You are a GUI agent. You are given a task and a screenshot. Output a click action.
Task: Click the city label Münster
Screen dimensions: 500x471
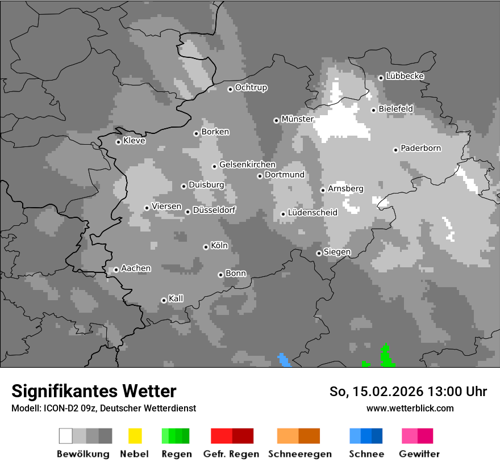pos(297,119)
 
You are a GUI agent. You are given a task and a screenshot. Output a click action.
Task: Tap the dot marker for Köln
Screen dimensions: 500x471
pos(206,247)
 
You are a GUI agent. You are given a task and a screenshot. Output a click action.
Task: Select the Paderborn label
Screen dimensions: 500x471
pos(420,148)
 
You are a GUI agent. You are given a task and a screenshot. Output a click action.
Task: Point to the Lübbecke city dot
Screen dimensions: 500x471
pos(381,78)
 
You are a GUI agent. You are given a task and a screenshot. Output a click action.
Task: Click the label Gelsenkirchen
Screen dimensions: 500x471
pos(247,165)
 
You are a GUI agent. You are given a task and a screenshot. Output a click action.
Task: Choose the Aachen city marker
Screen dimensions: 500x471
pos(116,270)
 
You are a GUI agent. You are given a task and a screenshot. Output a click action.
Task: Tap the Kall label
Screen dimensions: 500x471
pos(176,298)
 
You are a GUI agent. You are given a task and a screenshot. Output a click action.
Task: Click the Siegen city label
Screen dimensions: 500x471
pos(337,252)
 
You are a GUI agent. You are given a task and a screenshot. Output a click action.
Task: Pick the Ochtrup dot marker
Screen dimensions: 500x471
pos(230,89)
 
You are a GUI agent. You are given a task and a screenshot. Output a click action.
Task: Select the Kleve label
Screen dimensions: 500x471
pos(134,141)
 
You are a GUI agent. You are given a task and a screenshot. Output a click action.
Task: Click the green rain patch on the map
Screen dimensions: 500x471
pos(387,358)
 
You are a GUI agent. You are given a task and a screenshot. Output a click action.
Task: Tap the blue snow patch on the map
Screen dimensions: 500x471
pos(284,361)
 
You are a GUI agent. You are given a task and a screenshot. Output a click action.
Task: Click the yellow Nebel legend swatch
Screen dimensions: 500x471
pos(135,436)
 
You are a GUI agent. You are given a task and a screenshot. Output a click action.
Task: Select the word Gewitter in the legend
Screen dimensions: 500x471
pos(419,454)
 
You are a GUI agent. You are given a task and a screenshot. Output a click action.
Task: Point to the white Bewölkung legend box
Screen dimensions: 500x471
pos(66,436)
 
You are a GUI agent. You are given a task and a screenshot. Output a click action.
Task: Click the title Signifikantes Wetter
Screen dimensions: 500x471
pos(94,392)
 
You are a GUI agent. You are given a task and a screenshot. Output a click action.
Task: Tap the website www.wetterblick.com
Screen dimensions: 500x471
pos(410,408)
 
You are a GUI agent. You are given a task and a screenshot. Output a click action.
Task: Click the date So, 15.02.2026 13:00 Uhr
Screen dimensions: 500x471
pos(408,392)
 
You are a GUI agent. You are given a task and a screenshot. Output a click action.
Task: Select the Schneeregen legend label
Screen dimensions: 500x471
pos(299,454)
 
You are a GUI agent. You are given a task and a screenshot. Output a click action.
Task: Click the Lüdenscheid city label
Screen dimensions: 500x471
pos(312,213)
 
